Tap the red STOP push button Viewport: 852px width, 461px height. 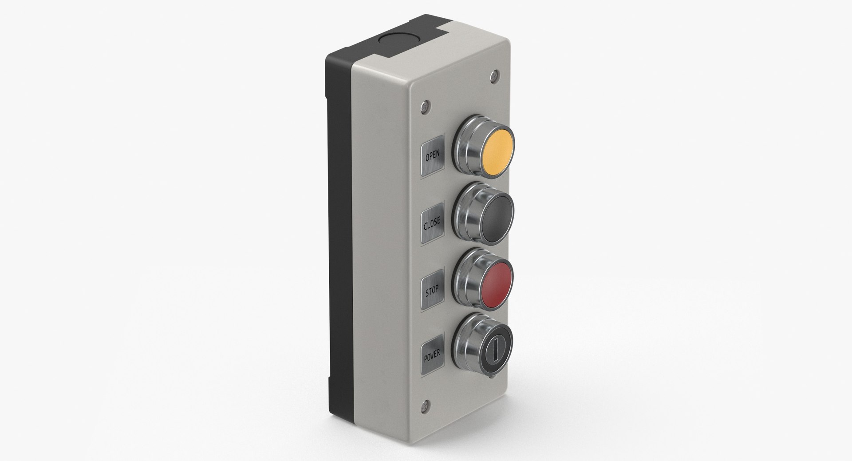click(x=497, y=285)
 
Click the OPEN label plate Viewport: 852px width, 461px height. click(x=433, y=156)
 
